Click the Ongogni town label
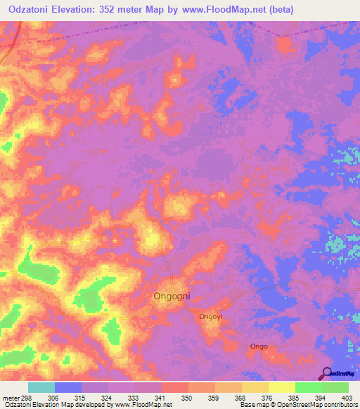(172, 297)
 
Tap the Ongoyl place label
(210, 317)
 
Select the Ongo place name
(259, 346)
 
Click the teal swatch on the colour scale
(41, 387)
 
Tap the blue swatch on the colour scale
(68, 387)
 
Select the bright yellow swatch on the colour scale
(282, 387)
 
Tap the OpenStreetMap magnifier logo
(326, 373)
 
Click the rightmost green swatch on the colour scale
(335, 387)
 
